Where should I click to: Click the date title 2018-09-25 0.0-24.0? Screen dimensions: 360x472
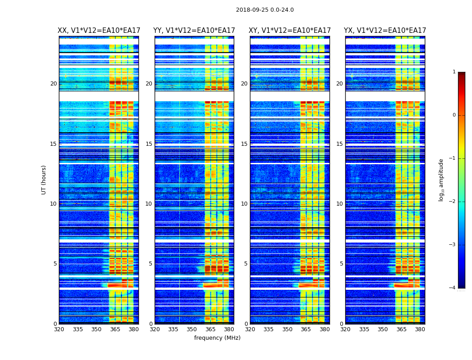265,10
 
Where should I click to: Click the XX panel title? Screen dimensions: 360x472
99,31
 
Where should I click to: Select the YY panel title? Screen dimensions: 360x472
194,31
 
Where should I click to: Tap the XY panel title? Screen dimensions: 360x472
290,31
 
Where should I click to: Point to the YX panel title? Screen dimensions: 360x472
385,31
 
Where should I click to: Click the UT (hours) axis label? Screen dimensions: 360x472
44,180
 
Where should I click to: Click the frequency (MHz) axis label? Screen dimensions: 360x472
217,338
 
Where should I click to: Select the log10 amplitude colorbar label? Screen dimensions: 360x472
441,180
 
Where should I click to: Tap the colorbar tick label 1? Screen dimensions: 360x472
454,72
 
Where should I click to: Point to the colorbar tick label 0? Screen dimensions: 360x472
454,115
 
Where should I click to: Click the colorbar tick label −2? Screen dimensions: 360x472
453,202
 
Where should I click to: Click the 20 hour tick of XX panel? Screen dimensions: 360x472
53,84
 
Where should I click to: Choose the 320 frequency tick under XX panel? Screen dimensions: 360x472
59,329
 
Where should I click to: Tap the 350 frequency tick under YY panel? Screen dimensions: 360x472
192,329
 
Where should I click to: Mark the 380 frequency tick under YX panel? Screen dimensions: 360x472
420,329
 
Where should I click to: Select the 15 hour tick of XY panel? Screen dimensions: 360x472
245,144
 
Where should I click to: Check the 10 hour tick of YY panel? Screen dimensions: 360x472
149,204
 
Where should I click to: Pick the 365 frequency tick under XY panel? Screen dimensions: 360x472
306,329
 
